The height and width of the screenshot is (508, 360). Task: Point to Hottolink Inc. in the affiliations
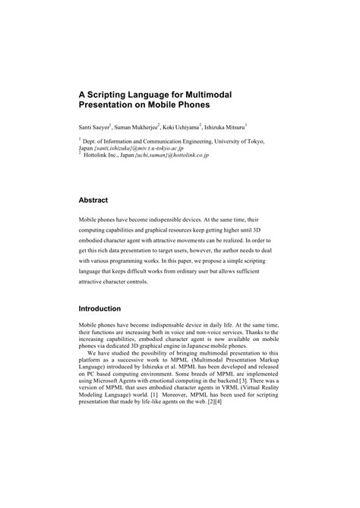coord(103,156)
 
